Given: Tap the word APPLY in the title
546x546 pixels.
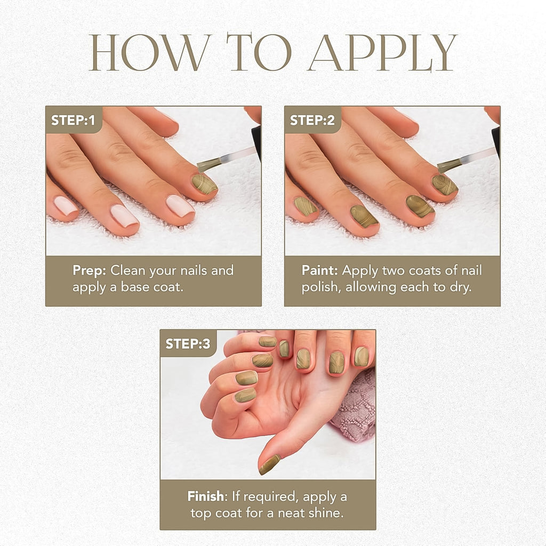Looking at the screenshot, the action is point(382,52).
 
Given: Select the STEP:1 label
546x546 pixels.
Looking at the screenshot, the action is point(73,120).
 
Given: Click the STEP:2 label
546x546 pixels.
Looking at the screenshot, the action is point(312,120).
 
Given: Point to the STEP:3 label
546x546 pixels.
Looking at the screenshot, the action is point(188,344).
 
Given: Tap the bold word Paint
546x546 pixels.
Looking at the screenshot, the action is point(320,270).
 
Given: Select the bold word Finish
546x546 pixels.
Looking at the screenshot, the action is point(206,496).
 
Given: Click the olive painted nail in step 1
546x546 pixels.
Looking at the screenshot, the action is point(204,184).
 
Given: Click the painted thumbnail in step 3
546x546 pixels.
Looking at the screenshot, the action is point(270,464).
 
